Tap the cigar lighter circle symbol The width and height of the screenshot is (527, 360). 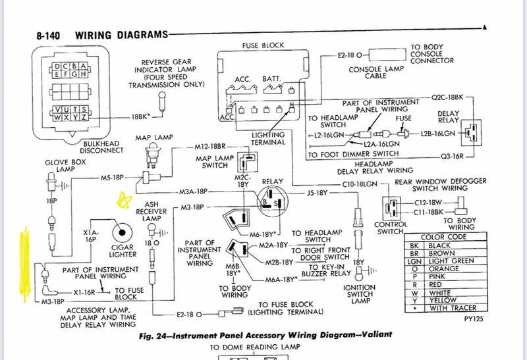[x=122, y=232]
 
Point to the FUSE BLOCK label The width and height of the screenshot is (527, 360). [x=264, y=46]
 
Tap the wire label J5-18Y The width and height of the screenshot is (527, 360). [x=318, y=193]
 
